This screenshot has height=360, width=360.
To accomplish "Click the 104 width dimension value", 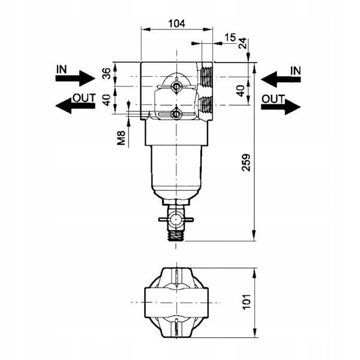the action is tap(176, 23).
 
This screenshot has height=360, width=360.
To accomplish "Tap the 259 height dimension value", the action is tap(246, 163).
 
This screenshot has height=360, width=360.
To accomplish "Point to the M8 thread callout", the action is tap(122, 138).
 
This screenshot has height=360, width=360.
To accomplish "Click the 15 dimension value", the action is tap(230, 38).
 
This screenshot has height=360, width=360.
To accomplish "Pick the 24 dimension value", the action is tap(243, 44).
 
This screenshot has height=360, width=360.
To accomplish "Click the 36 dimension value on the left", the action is tap(107, 74).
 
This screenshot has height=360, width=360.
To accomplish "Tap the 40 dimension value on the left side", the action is tap(107, 99).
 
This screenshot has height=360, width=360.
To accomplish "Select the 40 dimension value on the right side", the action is tap(241, 91).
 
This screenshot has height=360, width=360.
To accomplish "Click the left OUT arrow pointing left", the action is tap(75, 106).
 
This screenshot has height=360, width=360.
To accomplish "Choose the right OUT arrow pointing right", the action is tap(281, 107).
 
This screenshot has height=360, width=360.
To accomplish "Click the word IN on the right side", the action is tap(295, 70).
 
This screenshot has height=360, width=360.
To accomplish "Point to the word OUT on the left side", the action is tap(84, 97).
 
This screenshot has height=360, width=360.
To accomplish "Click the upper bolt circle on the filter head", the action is tap(176, 88).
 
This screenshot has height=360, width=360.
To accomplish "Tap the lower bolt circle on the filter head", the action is tap(176, 113).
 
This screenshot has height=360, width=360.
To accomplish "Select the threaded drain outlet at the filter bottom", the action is tap(176, 234).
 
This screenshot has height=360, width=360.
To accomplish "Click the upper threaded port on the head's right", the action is tap(207, 76).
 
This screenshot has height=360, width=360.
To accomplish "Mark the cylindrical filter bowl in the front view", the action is tap(176, 171).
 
